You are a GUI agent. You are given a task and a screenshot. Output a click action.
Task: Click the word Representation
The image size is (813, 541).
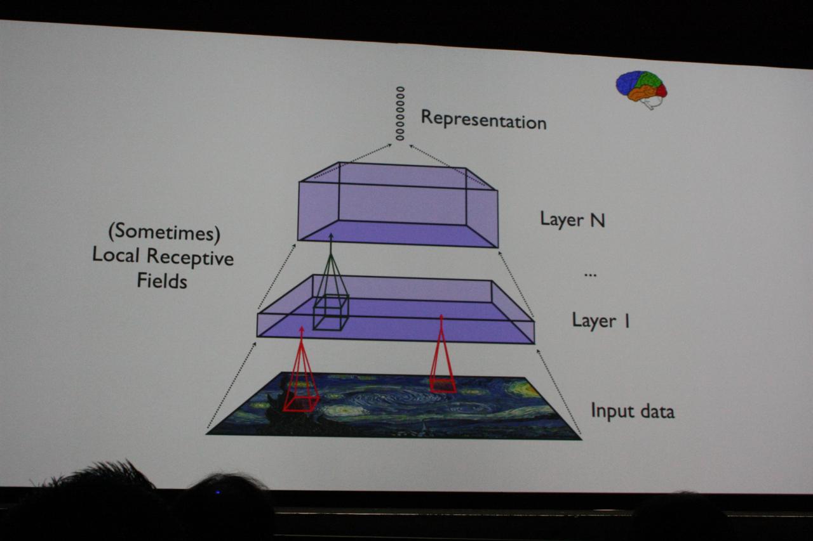click(483, 120)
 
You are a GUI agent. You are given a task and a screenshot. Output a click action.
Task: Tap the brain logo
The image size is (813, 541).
click(642, 89)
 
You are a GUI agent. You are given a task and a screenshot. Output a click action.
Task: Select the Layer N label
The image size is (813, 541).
click(572, 219)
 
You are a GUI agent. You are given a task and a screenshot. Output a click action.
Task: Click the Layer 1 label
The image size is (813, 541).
click(601, 320)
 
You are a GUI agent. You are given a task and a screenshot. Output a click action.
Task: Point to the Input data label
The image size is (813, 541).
click(633, 411)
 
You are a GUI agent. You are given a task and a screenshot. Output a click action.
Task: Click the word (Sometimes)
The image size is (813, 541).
click(165, 232)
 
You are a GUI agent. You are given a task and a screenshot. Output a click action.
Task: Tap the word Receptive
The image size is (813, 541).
click(190, 258)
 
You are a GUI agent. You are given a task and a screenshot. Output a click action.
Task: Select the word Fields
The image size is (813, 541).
click(162, 280)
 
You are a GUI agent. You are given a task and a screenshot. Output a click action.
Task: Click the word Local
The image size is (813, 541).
click(116, 254)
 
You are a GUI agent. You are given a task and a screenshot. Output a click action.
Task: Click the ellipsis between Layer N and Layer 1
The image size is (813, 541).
click(590, 275)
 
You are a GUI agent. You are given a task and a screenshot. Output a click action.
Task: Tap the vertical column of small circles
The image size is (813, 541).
click(400, 114)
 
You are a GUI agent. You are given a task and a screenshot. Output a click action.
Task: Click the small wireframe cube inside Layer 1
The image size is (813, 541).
click(331, 312)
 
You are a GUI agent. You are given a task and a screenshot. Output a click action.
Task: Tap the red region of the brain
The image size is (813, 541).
click(661, 90)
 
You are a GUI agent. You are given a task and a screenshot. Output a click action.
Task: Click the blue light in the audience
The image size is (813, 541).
click(218, 492)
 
